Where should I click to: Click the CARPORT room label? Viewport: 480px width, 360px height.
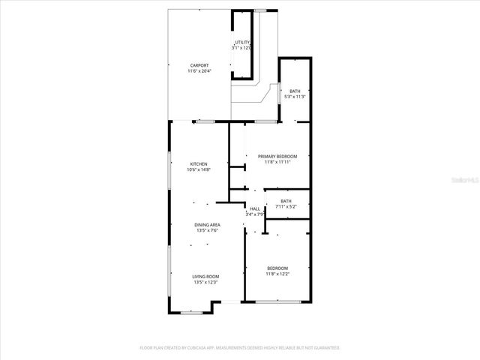tap(199, 65)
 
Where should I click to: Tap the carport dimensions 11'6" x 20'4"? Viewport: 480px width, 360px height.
tap(199, 70)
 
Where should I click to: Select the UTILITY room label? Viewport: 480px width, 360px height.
tap(242, 42)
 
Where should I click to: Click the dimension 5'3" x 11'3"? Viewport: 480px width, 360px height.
tap(295, 96)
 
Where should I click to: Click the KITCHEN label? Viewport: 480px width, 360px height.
tap(198, 163)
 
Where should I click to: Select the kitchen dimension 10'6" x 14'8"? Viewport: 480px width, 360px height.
tap(198, 169)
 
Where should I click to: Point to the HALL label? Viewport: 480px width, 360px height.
tap(255, 208)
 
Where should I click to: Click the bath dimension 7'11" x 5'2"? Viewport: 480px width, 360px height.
tap(286, 206)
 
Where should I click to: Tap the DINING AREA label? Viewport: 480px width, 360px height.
tap(207, 225)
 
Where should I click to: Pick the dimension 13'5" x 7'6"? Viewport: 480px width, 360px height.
tap(207, 230)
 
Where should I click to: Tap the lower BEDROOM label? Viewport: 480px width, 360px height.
tap(277, 268)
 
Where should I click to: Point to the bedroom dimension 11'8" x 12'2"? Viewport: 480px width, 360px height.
tap(277, 274)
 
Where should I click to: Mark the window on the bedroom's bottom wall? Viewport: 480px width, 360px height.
tap(277, 302)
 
